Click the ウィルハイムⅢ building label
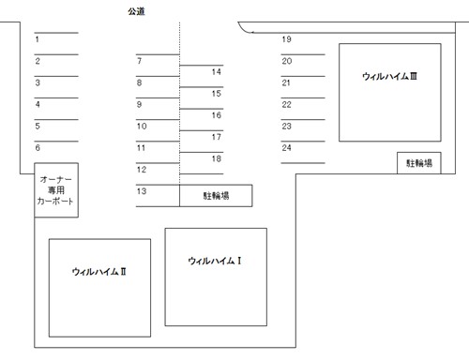coord(389,76)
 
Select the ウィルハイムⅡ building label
coord(99,271)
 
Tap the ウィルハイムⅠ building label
coord(215,261)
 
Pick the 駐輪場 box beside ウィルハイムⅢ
coord(419,163)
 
